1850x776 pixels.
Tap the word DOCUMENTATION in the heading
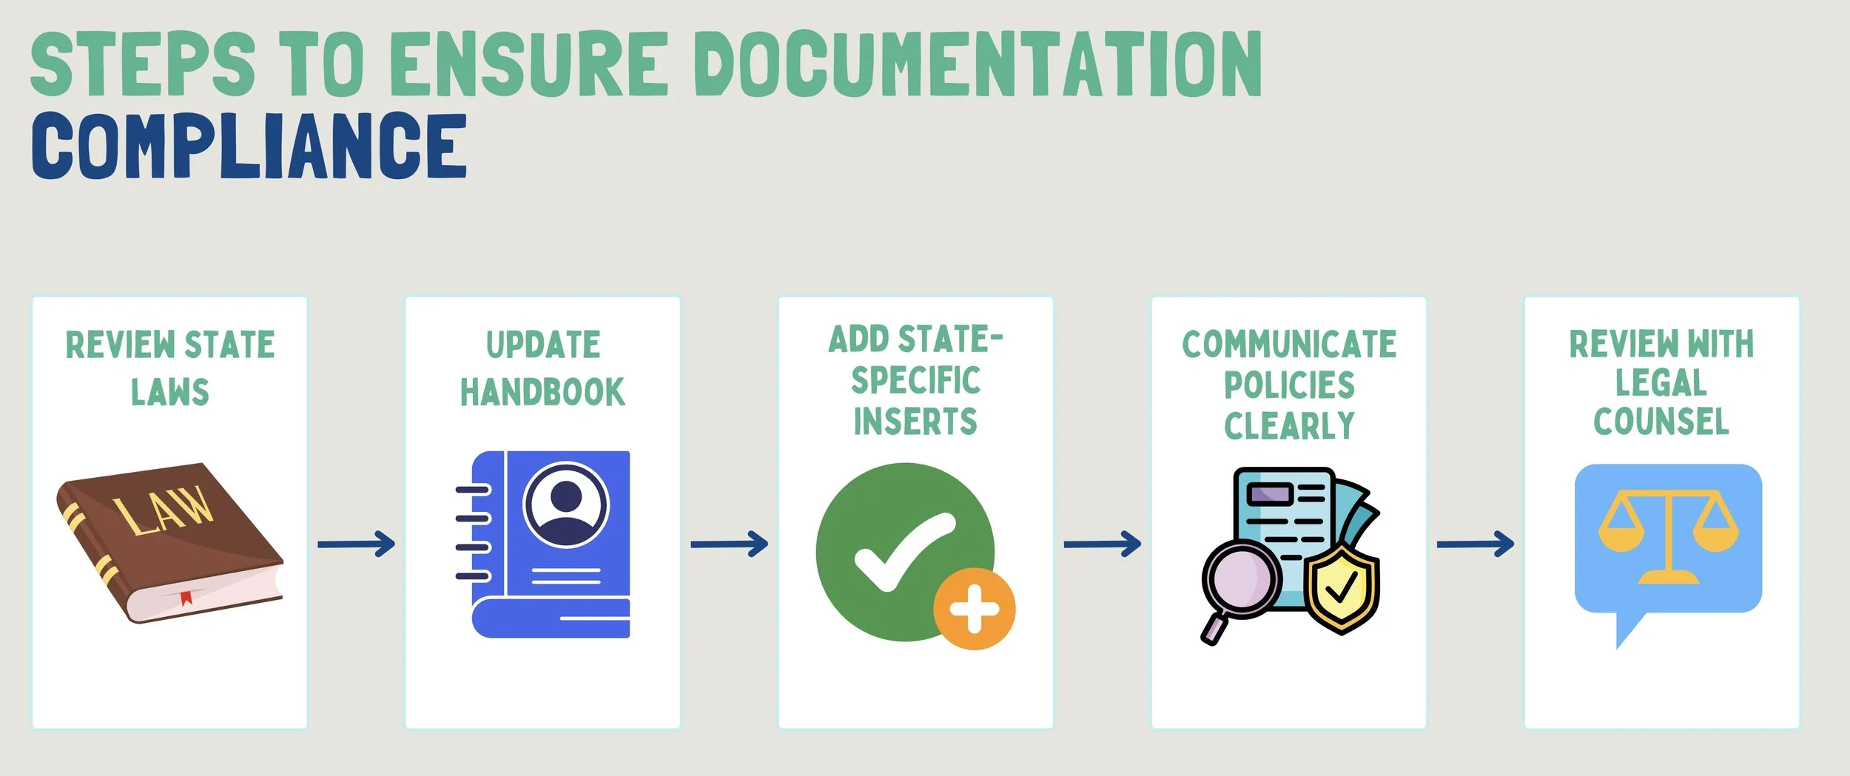coord(978,64)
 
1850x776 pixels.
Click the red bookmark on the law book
coord(186,597)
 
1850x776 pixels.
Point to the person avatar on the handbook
coord(566,505)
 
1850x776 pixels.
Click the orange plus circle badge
coord(974,609)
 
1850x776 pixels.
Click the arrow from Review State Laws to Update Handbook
coord(356,544)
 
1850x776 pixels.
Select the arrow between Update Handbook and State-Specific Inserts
coord(729,544)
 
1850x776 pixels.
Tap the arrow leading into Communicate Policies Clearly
coord(1102,544)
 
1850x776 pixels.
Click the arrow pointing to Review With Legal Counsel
coord(1475,544)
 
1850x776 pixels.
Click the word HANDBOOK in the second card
coord(542,392)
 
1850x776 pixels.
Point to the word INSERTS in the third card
coord(915,422)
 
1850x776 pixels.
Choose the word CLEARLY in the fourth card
coord(1289,426)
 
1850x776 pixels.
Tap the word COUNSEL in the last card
coord(1661,422)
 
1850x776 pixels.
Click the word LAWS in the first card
coord(170,392)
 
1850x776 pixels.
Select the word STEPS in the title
coord(142,64)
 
